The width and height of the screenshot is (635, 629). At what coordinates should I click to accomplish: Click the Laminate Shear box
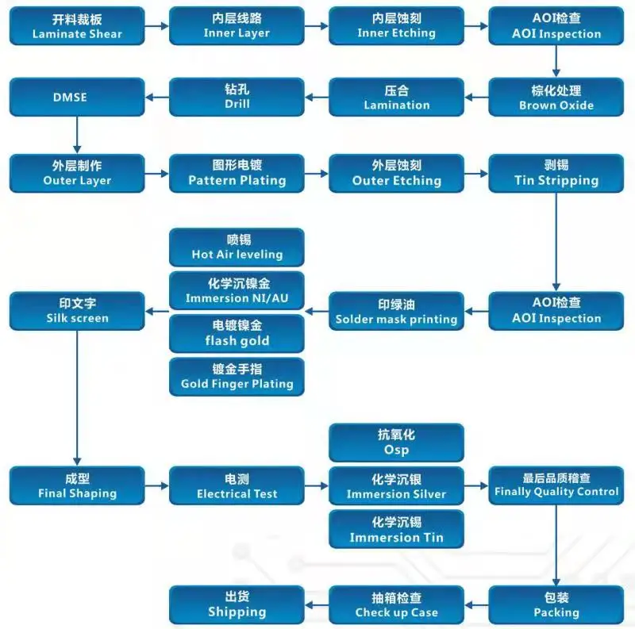click(x=77, y=26)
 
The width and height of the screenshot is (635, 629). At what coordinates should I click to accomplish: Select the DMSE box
click(x=77, y=97)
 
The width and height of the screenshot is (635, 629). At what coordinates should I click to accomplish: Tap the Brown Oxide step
click(x=556, y=97)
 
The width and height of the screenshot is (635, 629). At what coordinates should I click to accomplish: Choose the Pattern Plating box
click(x=237, y=173)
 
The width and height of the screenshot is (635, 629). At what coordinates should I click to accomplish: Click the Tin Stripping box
click(x=556, y=173)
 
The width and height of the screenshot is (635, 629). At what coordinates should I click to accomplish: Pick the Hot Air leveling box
click(x=237, y=247)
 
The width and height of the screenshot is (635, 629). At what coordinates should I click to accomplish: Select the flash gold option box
click(x=237, y=333)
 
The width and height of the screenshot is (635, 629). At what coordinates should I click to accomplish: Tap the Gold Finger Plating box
click(x=237, y=377)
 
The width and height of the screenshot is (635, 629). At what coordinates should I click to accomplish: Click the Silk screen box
click(x=77, y=311)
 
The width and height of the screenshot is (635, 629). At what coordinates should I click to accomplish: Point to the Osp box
click(x=396, y=443)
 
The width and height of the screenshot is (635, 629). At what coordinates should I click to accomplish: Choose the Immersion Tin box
click(x=396, y=529)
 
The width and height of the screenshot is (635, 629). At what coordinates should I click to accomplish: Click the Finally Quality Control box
click(x=556, y=485)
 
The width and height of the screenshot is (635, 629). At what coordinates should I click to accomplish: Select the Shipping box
click(x=237, y=604)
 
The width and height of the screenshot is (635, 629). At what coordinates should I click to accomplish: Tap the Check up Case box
click(x=396, y=604)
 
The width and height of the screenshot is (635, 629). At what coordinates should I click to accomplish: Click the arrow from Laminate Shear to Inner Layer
click(x=156, y=26)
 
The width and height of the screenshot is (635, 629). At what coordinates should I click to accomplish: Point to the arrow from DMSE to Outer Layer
click(x=77, y=135)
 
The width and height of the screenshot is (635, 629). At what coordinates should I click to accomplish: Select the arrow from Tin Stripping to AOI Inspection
click(x=556, y=242)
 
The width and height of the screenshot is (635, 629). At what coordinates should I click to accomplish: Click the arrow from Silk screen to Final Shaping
click(x=77, y=398)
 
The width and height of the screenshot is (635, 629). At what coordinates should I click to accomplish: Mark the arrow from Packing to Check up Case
click(x=477, y=605)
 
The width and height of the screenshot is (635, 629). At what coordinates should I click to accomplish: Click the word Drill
click(x=237, y=104)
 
